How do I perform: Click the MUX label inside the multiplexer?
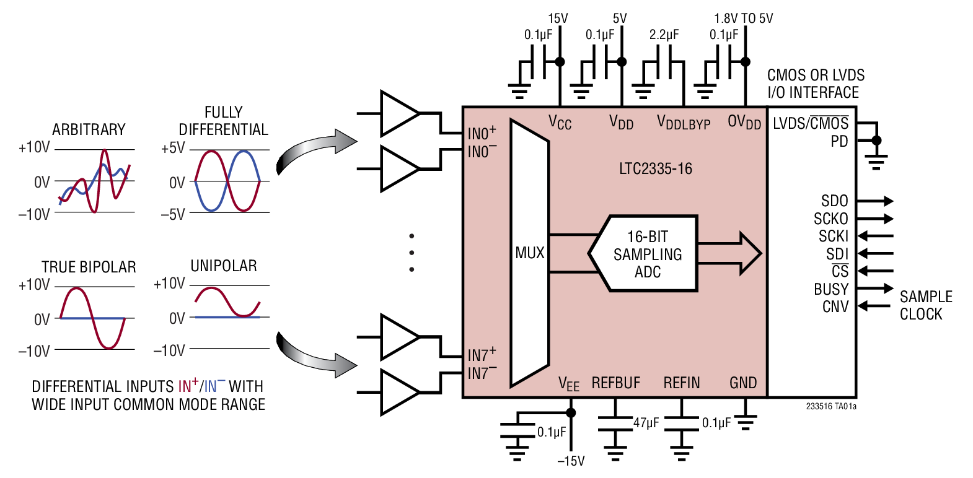coord(529,253)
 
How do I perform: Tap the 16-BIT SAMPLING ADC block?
coord(647,254)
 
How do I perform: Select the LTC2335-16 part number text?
coord(655,168)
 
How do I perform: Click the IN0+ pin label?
coord(482,133)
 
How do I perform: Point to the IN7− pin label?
coord(482,373)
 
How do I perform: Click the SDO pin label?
coord(834,201)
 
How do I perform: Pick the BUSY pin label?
coord(830,289)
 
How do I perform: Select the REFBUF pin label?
coord(615,383)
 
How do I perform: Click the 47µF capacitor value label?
coord(646,423)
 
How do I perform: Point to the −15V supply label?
coord(570,461)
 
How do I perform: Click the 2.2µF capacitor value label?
coord(664,35)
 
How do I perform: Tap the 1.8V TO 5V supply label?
coord(743,19)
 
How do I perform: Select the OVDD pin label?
coord(744,123)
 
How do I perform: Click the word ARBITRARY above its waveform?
coord(89,129)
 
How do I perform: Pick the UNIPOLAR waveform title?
coord(223,266)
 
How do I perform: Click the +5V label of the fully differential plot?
coord(173,149)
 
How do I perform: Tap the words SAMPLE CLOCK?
coord(925,305)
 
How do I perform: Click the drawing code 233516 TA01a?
coord(831,407)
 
